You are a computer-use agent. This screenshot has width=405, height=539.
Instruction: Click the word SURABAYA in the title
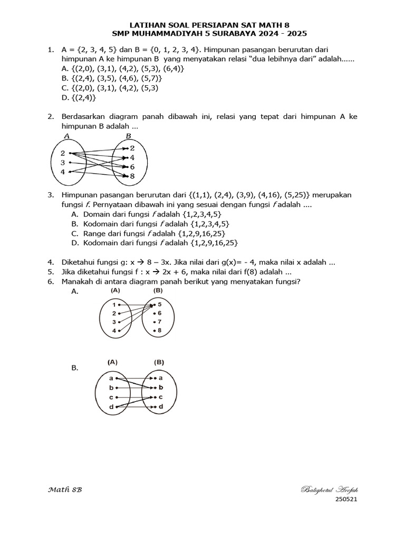218,34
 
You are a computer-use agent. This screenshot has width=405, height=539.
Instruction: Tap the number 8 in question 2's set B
132,176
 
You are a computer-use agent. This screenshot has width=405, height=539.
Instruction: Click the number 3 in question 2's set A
62,163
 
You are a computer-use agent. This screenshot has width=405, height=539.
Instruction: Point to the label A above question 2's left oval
67,136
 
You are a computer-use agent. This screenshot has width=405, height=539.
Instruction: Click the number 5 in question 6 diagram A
159,304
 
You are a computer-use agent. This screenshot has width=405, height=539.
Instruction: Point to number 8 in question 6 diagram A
159,331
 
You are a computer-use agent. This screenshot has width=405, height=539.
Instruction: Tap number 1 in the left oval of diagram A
114,305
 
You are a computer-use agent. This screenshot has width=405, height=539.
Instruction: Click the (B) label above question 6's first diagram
158,290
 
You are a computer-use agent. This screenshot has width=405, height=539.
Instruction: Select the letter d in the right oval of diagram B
160,407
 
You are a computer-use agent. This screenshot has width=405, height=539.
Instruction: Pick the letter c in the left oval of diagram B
111,397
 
